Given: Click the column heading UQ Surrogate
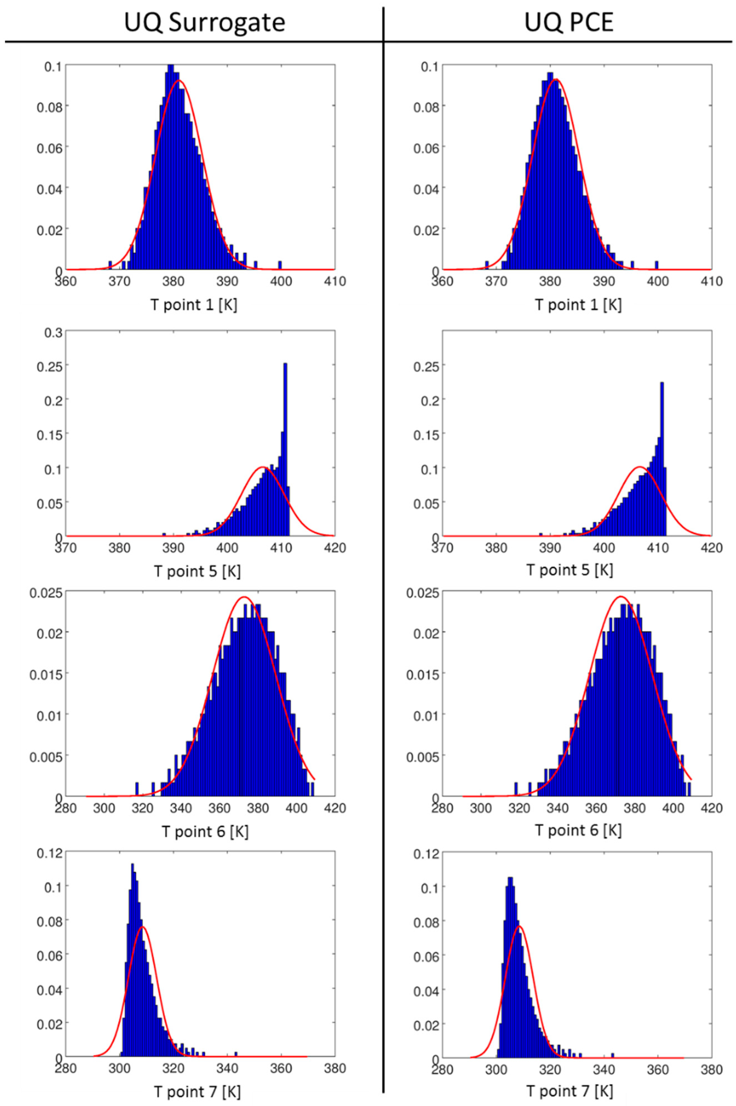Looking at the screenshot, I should tap(205, 23).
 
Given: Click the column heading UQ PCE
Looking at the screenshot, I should tap(569, 23).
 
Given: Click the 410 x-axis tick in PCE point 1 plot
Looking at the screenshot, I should tap(711, 282).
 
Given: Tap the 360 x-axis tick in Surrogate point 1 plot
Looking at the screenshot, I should tap(66, 282).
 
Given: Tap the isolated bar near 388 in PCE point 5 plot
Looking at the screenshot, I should tap(541, 534).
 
